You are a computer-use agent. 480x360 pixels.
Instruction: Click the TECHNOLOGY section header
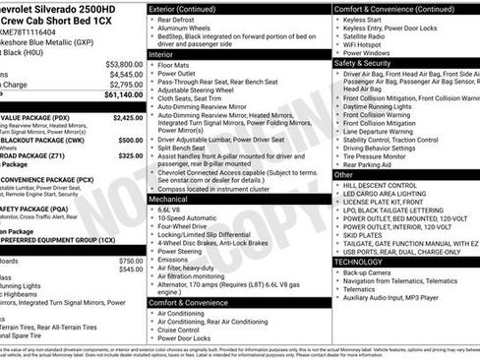point(360,264)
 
